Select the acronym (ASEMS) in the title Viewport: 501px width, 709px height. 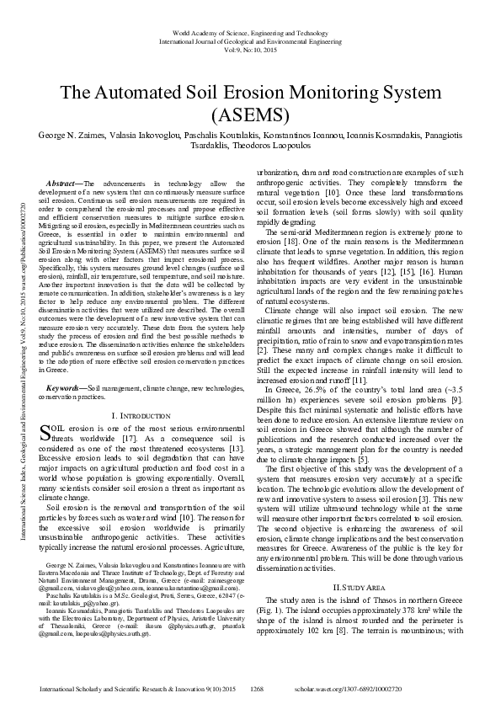coord(250,113)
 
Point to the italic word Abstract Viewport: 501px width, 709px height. coord(61,183)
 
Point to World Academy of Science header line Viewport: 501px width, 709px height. coord(250,30)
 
